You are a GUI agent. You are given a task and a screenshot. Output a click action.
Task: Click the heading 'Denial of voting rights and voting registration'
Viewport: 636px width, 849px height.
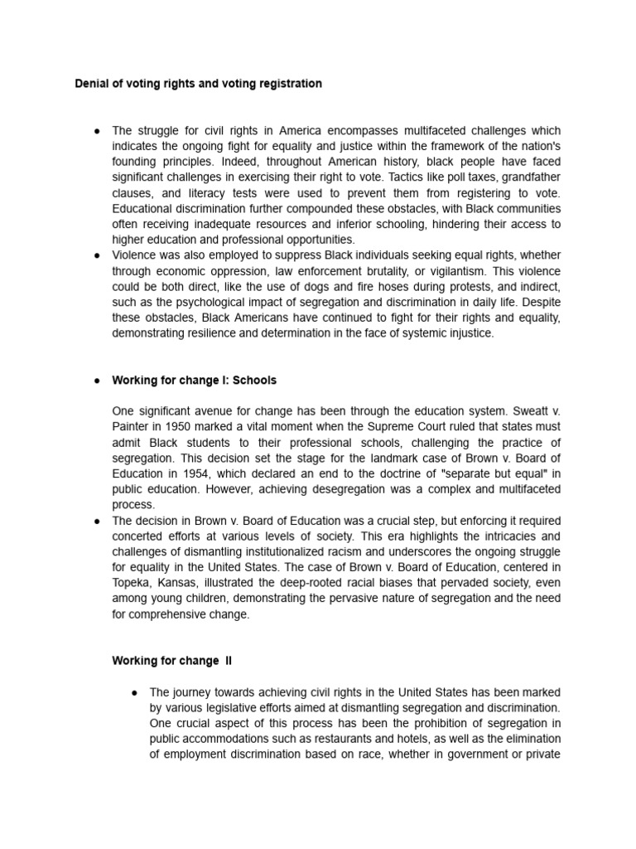(198, 84)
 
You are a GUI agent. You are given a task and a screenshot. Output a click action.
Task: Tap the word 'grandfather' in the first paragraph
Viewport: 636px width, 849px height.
(529, 177)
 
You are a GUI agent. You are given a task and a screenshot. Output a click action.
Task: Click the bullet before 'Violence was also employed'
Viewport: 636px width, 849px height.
(97, 255)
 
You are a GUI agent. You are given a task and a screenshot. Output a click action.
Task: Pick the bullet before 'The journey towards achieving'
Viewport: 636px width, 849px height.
(134, 691)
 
